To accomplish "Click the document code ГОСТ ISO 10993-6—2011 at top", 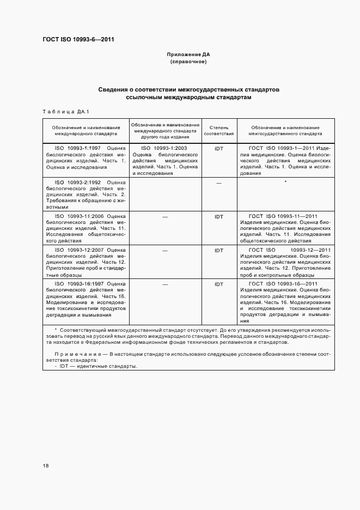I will click(x=78, y=39).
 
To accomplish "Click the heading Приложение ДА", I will click(x=188, y=55).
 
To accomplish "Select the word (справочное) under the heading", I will click(x=188, y=62).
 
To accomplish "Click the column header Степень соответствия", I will click(x=219, y=130).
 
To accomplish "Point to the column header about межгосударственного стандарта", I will click(x=285, y=130).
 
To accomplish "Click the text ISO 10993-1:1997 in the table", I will click(x=78, y=148).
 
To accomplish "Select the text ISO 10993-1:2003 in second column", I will click(x=164, y=148).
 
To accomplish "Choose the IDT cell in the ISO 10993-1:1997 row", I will click(x=219, y=148).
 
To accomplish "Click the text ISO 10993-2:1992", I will click(x=78, y=182).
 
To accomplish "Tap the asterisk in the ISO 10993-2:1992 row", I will click(x=285, y=182).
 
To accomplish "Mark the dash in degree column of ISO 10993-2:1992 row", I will click(x=219, y=183).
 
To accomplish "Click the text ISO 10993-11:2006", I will click(x=80, y=216).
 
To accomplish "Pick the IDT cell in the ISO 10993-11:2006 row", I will click(x=219, y=217).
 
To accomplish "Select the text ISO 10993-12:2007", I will click(x=80, y=250).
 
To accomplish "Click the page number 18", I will click(x=46, y=466).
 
